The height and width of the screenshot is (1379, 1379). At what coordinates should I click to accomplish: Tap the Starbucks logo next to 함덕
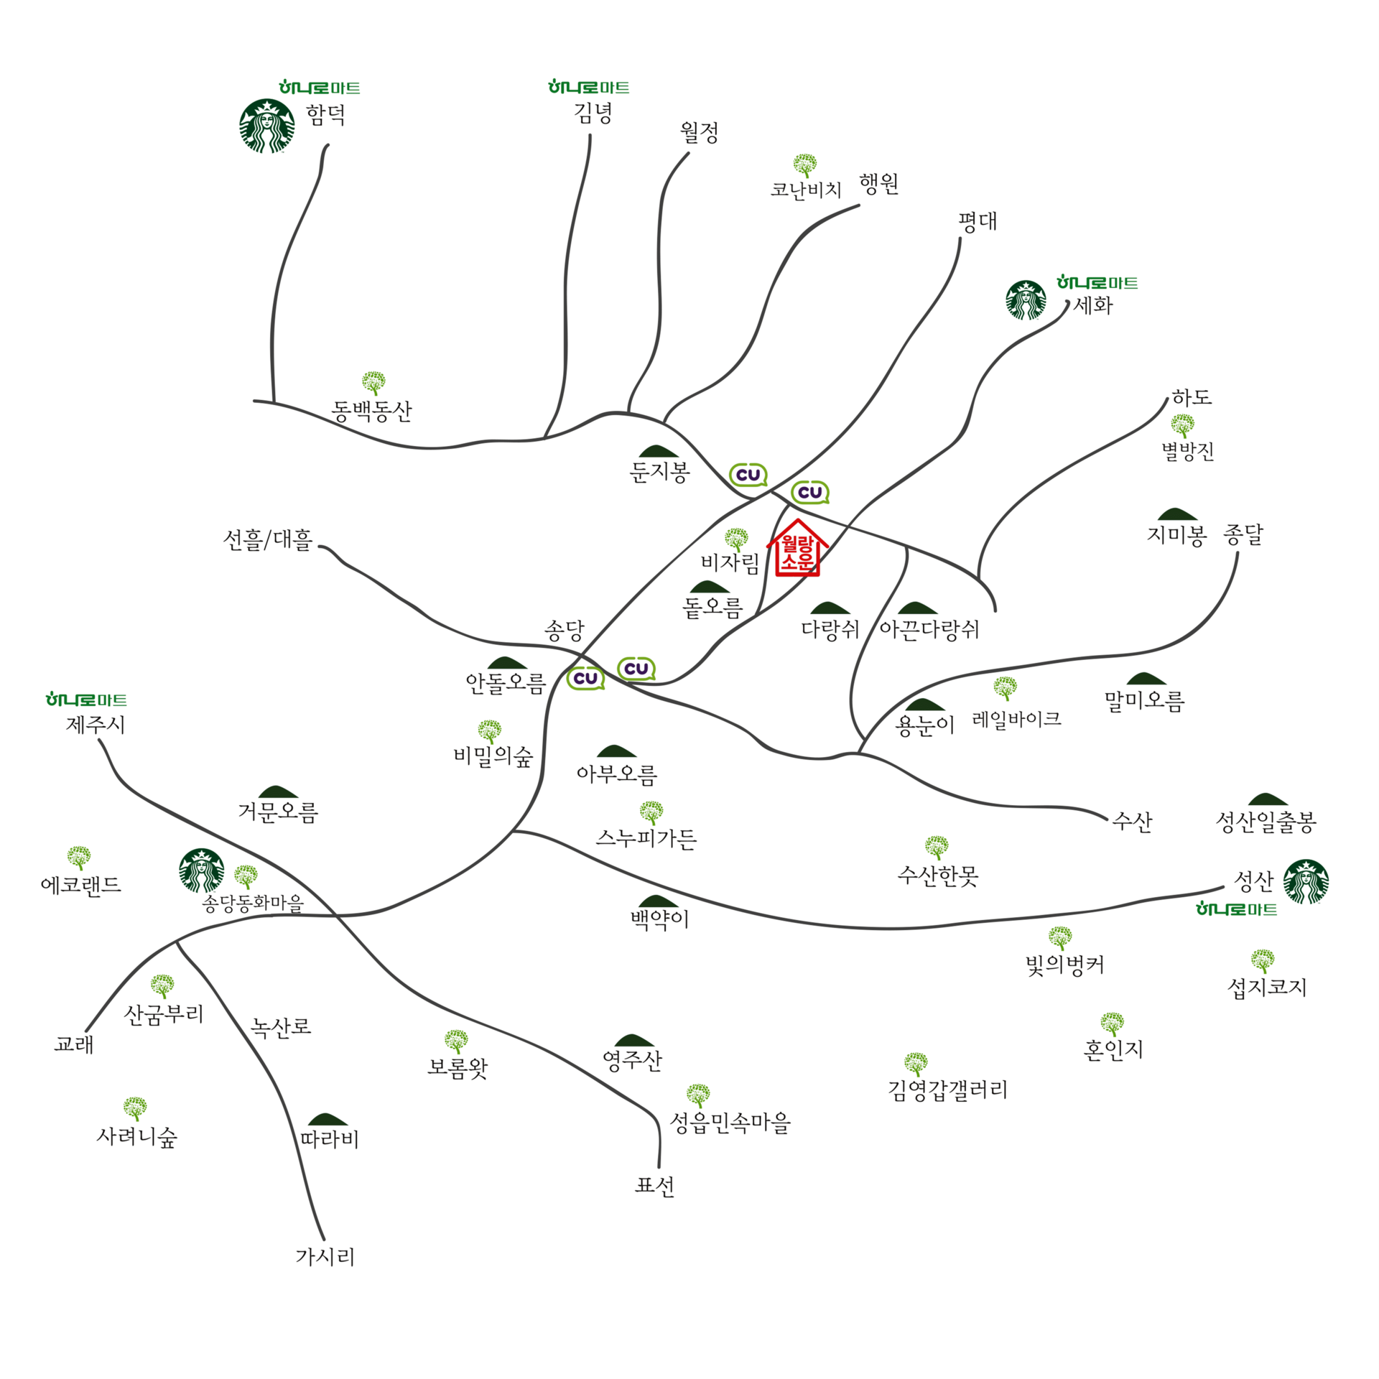coord(266,126)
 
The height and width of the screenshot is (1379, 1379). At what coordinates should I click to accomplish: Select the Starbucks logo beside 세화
coord(1026,300)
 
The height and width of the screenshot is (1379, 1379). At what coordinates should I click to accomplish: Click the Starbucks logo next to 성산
coord(1306,881)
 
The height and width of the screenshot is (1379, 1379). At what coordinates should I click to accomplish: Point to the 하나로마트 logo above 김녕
coord(588,88)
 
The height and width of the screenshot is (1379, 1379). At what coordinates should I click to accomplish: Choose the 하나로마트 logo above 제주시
coord(86,700)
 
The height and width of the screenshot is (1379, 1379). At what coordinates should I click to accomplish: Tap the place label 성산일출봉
coord(1266,822)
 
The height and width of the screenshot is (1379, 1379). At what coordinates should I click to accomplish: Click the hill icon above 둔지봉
coord(658,451)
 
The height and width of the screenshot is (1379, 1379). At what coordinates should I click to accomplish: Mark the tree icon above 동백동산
coord(373,382)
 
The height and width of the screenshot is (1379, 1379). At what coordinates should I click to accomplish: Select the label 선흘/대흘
coord(268,539)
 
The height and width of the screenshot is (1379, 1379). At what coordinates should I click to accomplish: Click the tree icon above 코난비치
coord(804,164)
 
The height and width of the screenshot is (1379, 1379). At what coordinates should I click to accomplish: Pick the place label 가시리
coord(325,1256)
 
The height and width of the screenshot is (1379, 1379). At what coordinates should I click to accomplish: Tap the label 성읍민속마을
coord(730,1122)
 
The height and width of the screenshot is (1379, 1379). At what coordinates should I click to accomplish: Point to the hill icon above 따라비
coord(327,1119)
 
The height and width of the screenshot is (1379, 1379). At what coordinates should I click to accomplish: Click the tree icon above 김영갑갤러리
coord(916,1063)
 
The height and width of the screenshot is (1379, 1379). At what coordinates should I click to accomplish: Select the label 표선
coord(654,1185)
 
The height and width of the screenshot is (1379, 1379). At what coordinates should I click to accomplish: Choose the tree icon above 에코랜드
coord(79,857)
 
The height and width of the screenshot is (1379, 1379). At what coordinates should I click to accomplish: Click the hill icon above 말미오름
coord(1146,679)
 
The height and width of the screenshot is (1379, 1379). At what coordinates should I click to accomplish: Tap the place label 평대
coord(978,221)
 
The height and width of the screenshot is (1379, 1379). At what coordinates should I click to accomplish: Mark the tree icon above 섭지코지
coord(1262,960)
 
